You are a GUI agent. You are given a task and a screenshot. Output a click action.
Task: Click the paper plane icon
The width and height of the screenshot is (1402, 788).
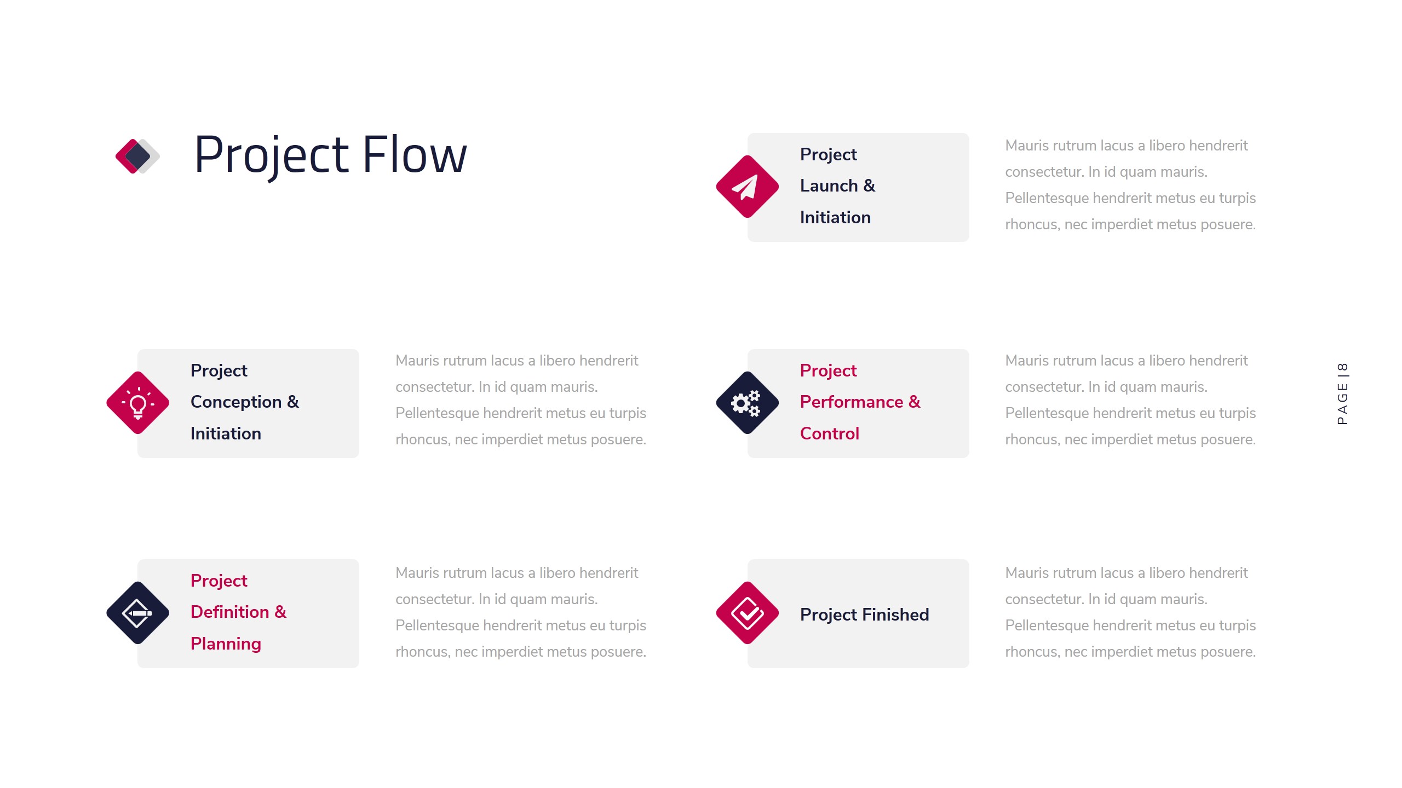coord(746,187)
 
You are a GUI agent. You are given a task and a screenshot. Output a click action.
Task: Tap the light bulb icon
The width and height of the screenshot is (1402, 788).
coord(137,403)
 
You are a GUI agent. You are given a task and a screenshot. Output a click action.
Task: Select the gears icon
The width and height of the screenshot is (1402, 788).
coord(746,403)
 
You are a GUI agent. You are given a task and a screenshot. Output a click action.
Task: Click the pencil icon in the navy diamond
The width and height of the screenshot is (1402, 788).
coord(137,613)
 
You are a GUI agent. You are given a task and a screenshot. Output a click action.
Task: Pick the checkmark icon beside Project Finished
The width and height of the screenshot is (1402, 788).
coord(746,613)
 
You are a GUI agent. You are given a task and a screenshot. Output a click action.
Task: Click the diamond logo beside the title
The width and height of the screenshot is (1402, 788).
coord(137,156)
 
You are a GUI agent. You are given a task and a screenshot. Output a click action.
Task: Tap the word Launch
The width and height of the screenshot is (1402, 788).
coord(829,186)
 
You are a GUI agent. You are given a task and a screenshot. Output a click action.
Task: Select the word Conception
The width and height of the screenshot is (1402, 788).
coord(236,402)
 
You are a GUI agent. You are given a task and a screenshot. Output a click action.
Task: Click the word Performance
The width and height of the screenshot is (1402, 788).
coord(851,402)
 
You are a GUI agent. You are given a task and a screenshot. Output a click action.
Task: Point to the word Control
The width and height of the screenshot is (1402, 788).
coord(829,433)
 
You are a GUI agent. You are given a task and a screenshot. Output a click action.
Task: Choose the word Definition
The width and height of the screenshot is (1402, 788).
coord(229,612)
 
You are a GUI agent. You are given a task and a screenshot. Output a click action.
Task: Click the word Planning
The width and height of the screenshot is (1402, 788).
coord(226,644)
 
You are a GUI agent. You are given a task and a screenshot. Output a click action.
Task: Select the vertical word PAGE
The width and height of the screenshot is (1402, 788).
coord(1342,403)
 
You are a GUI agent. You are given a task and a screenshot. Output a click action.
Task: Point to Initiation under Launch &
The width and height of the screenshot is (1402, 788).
coord(835,218)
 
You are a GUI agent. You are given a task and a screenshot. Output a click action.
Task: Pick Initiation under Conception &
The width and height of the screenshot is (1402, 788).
coord(226,434)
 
